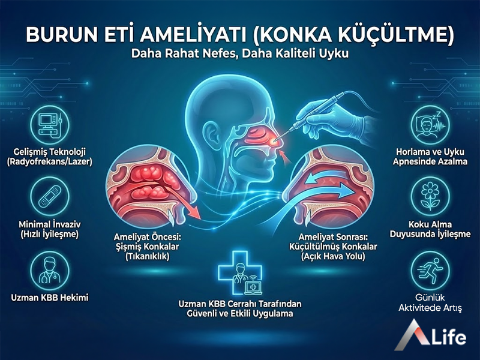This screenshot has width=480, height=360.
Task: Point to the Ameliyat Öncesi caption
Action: point(146,246)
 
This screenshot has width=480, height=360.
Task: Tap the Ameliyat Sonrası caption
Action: point(332,246)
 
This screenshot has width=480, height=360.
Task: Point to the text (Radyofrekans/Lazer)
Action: point(53,161)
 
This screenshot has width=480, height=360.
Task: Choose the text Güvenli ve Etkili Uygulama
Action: point(239,314)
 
